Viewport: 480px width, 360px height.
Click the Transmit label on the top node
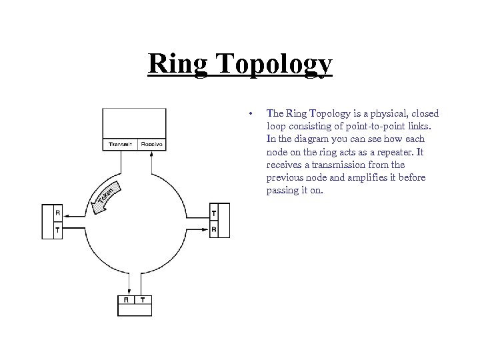tap(120, 144)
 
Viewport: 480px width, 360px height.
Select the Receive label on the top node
tap(151, 144)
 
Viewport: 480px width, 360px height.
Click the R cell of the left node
tap(58, 214)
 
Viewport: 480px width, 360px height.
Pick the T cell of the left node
tap(58, 230)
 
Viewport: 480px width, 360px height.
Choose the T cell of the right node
tap(213, 213)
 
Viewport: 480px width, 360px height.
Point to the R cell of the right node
tap(213, 229)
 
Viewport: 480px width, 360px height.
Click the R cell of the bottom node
tap(127, 300)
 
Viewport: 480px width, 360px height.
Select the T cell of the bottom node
tap(143, 300)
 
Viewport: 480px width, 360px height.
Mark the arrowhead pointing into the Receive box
tap(152, 153)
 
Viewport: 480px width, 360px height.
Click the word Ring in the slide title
tap(175, 65)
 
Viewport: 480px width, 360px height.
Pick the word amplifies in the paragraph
tap(376, 178)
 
